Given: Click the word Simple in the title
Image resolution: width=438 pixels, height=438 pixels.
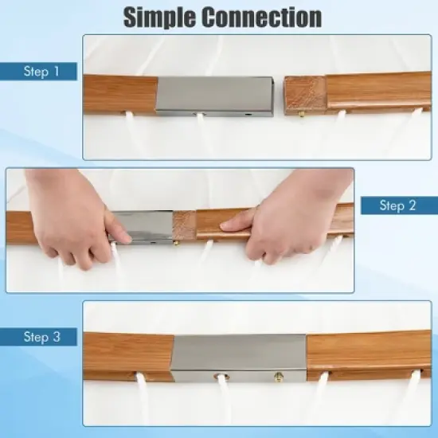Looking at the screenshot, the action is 160,18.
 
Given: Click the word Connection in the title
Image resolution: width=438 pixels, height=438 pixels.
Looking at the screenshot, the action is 262,18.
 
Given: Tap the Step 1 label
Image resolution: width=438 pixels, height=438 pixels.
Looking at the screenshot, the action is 41,71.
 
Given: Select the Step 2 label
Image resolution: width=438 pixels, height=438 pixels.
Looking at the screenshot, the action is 397,205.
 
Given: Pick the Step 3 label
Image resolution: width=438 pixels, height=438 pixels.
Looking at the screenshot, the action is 42,337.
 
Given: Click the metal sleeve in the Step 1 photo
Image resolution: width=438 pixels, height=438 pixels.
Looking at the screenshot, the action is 214,96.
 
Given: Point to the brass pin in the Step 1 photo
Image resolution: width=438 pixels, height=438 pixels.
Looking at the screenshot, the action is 302,115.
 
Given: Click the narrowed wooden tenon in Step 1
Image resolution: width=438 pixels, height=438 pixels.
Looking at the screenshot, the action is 305,96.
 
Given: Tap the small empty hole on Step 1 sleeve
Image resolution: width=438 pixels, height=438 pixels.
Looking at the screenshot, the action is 248,114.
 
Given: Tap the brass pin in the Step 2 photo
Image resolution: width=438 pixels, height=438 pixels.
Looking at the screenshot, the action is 177,243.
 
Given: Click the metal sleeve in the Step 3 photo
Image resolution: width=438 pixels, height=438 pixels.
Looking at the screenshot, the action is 240,358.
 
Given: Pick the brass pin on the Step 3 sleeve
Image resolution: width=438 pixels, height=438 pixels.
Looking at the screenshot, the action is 279,376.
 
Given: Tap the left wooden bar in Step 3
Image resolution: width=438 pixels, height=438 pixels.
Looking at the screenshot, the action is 129,357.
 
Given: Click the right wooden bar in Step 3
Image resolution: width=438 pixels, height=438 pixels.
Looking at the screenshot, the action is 369,355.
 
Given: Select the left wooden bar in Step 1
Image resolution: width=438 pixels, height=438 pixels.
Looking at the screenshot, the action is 120,95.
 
